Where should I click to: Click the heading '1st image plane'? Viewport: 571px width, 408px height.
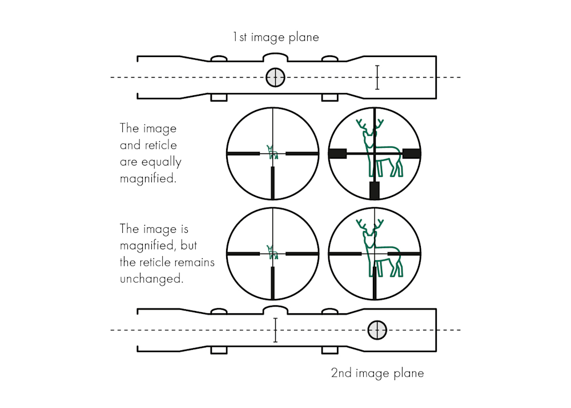click(x=275, y=38)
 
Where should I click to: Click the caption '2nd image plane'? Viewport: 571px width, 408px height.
click(x=377, y=374)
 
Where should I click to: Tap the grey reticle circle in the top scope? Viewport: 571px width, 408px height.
click(x=275, y=78)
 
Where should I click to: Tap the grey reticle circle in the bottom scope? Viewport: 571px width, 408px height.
click(x=377, y=330)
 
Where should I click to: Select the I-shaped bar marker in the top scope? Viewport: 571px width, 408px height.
click(x=377, y=78)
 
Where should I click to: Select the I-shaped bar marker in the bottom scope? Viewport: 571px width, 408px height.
click(x=275, y=330)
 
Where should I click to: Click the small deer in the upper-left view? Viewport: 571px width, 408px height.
click(x=272, y=151)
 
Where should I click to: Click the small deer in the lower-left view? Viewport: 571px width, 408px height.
click(x=272, y=252)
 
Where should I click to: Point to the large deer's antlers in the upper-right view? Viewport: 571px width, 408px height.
click(x=368, y=127)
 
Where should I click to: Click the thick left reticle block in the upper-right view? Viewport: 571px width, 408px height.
click(x=337, y=153)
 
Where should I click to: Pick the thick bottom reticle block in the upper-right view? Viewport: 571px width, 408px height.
click(x=375, y=190)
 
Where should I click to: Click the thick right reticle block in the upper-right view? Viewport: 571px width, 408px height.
click(x=412, y=153)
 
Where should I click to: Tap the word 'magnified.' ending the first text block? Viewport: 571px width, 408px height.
click(x=147, y=178)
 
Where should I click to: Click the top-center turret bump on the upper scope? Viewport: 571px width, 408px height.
click(x=275, y=58)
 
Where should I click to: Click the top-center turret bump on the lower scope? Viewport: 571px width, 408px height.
click(x=275, y=309)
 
